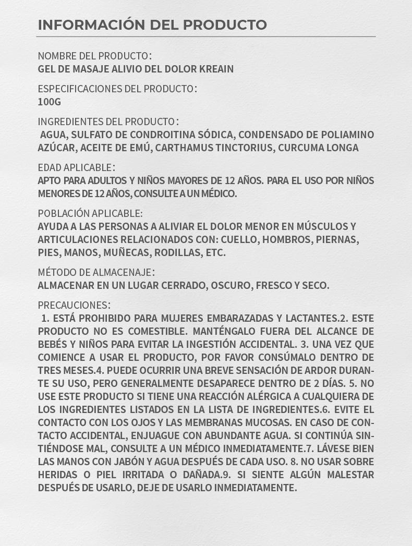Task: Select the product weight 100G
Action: click(49, 102)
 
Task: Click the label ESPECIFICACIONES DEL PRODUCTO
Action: click(117, 89)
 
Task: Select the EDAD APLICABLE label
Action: click(76, 167)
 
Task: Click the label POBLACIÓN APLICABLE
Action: click(90, 213)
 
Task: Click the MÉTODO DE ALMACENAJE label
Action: click(96, 272)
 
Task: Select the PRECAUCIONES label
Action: click(74, 305)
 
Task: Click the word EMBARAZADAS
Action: click(240, 318)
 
